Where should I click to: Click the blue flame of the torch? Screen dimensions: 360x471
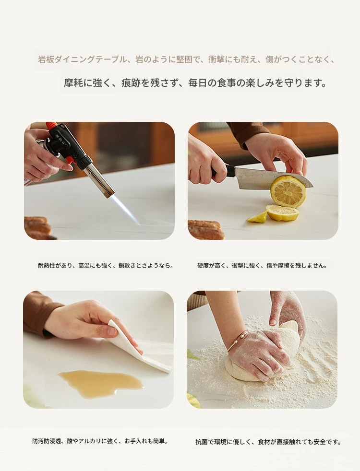tap(128, 210)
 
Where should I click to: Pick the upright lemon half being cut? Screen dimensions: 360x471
tap(288, 191)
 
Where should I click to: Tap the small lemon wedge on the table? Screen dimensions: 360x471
tap(258, 217)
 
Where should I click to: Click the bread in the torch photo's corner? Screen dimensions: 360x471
tap(37, 228)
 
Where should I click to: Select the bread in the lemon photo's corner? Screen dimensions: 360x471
tap(205, 230)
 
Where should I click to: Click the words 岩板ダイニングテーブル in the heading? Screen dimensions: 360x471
tap(83, 59)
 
